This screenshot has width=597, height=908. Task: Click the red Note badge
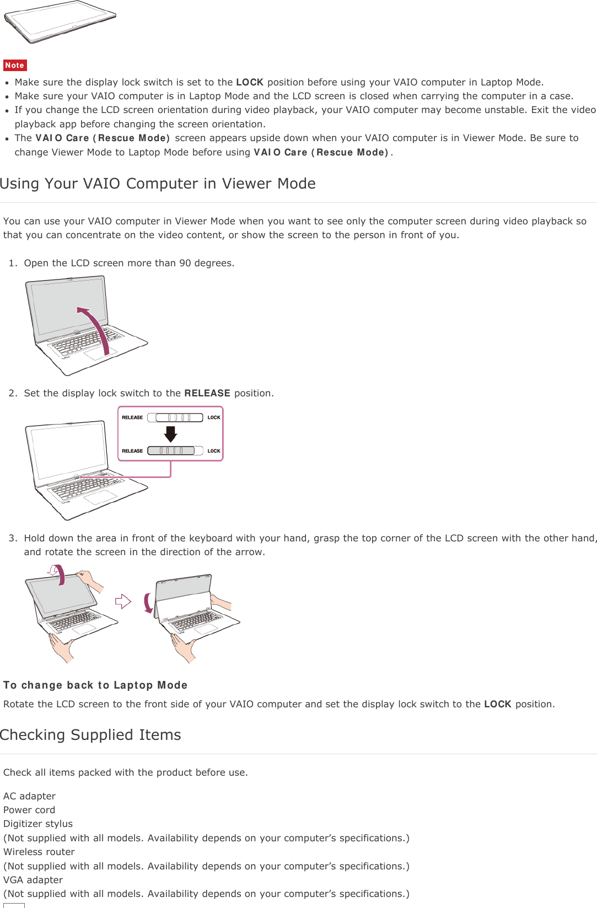point(15,65)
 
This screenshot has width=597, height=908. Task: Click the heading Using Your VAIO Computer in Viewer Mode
point(158,184)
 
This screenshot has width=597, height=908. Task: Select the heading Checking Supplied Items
point(90,735)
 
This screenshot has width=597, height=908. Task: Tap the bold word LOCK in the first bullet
point(249,82)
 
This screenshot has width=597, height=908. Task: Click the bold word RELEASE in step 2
point(207,393)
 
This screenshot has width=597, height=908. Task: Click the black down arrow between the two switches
point(171,434)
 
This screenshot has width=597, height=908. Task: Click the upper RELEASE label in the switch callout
point(132,417)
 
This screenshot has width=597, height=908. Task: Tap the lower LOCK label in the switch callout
point(214,451)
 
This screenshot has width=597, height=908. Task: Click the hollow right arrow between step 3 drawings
point(123,601)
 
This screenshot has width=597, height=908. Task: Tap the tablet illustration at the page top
point(60,22)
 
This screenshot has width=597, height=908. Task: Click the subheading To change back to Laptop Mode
point(95,685)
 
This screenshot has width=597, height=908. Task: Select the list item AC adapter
point(30,796)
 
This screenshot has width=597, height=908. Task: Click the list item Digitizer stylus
point(38,824)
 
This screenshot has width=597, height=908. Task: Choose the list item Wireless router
point(39,852)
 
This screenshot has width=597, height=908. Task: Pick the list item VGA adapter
point(33,880)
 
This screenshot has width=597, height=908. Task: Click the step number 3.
point(12,538)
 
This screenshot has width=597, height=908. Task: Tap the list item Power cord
point(29,810)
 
